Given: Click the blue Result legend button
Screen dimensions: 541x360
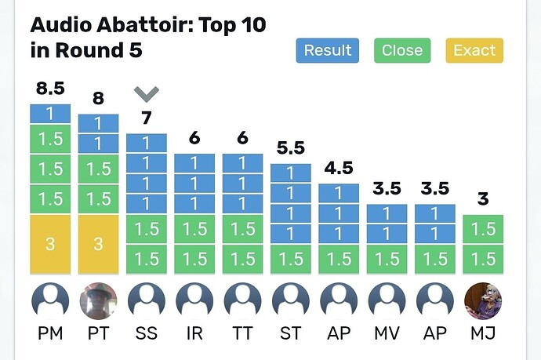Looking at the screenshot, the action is [328, 50].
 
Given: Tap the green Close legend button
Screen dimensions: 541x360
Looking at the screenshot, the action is [402, 50].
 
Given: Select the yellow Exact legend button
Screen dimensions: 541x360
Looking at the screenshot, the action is [474, 50].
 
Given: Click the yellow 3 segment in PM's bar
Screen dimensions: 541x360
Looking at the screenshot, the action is [50, 245].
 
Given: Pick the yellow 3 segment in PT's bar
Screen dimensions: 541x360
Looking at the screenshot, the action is [98, 245].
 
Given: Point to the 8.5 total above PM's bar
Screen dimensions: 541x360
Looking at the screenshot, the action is [50, 89].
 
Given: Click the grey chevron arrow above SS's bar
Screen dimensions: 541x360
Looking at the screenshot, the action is [147, 94].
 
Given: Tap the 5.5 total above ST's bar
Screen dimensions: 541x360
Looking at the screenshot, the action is [291, 148].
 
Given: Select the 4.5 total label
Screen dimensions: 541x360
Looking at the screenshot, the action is [339, 168].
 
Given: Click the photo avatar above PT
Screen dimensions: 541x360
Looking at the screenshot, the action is [98, 301].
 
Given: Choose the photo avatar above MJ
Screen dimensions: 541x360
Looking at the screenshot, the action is [483, 301].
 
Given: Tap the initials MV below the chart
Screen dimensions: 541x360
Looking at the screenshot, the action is [387, 333].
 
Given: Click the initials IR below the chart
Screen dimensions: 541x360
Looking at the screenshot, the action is [194, 333].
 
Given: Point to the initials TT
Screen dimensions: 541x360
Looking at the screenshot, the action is [242, 333].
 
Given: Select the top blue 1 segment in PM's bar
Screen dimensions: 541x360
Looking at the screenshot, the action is [50, 114].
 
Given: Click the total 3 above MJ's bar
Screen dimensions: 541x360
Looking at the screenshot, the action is [483, 198].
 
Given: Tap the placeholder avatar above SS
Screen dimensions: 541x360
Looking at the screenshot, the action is [147, 301].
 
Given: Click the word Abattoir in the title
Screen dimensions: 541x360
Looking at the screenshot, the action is [144, 25].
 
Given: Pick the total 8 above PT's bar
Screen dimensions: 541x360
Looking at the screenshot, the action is [98, 98].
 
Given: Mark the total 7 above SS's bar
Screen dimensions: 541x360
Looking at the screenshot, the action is [147, 118].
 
